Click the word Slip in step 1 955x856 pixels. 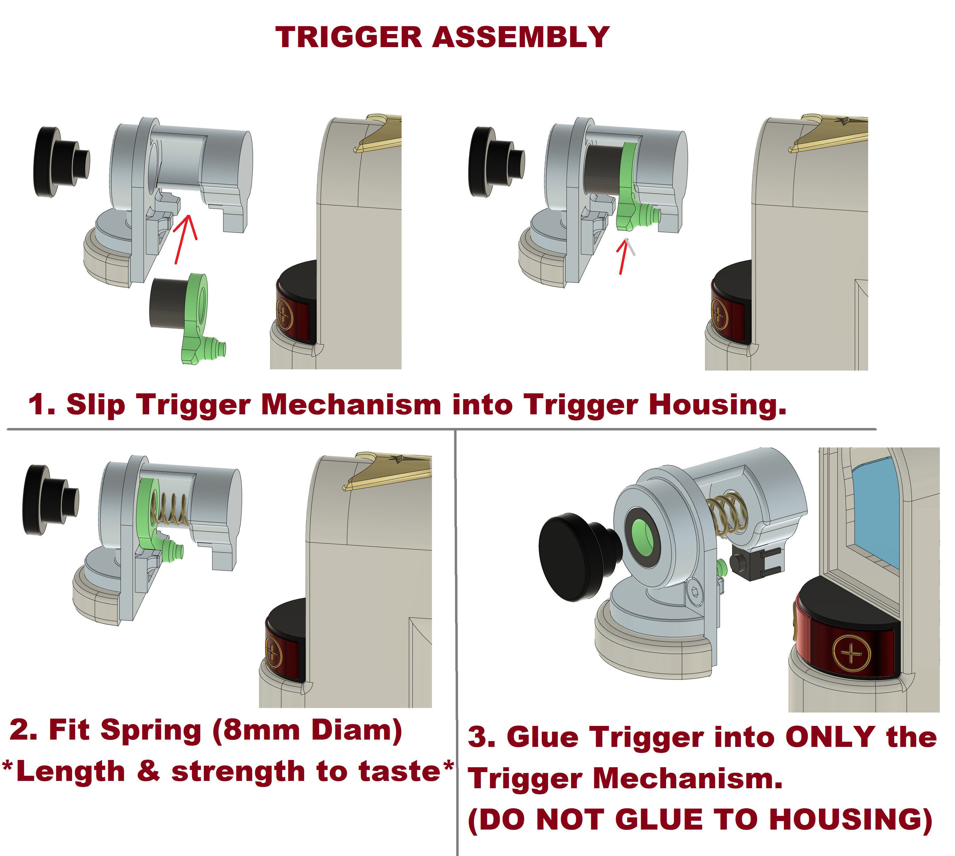96,405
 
